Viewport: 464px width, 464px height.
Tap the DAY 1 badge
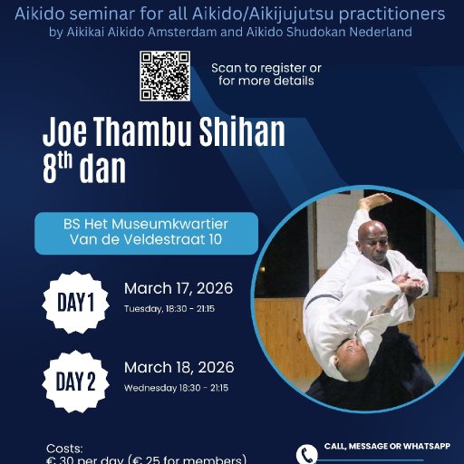coord(76,303)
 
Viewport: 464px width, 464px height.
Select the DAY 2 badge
coord(76,382)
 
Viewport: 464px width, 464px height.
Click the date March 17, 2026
coord(179,289)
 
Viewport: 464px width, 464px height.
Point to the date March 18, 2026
coord(179,367)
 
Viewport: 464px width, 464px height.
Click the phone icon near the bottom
coord(308,453)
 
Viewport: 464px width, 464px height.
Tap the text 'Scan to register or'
coord(266,68)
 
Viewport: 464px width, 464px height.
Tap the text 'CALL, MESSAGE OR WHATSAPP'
coord(387,446)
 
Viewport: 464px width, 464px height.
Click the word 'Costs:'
coord(64,448)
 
